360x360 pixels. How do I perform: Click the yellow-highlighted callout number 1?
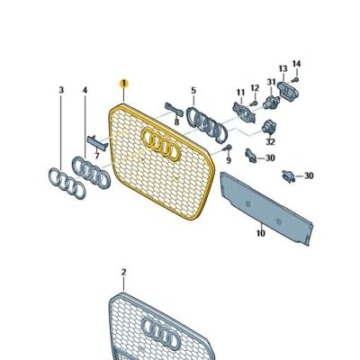click(124, 82)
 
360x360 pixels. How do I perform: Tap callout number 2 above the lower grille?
click(124, 271)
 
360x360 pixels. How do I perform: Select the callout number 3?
click(61, 91)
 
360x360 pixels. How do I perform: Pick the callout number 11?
click(240, 93)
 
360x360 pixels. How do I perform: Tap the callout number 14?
click(296, 64)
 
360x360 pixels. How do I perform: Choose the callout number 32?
click(270, 140)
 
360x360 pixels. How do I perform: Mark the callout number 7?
click(97, 154)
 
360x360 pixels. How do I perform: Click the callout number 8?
click(176, 121)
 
